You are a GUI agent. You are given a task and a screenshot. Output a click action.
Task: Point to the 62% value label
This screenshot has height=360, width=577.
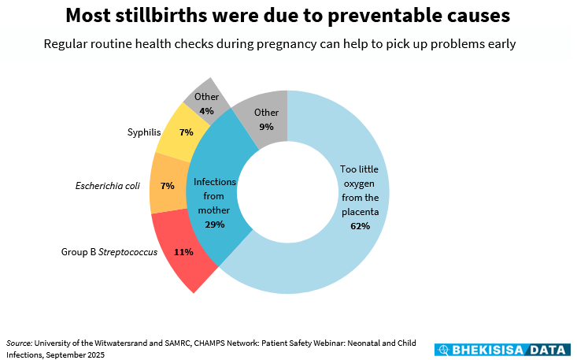[x=360, y=226]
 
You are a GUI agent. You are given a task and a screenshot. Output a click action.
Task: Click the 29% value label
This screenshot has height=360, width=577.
[x=214, y=225]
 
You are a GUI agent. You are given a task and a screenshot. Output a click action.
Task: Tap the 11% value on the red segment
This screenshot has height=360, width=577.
[x=183, y=252]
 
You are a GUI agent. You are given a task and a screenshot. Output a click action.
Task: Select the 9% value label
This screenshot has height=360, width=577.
[x=266, y=126]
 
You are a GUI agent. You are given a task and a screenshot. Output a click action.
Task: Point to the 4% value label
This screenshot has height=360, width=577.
[x=206, y=111]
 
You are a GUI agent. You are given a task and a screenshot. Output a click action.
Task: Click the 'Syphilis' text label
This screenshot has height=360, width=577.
[x=143, y=132]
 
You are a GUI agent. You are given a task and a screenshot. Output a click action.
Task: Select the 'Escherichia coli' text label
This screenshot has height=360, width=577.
[x=107, y=186]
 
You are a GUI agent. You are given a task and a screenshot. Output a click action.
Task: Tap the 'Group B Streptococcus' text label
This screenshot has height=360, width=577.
[x=109, y=252]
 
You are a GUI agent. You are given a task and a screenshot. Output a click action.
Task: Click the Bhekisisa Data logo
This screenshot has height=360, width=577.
[x=504, y=349]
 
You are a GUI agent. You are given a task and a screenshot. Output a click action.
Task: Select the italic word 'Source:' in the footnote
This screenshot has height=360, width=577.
[x=19, y=343]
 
